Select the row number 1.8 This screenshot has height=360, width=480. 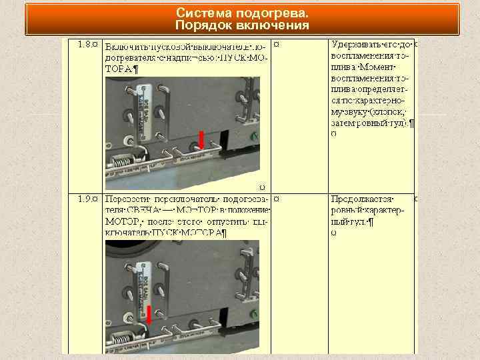[x=85, y=44]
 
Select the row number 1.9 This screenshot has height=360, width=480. [x=85, y=199]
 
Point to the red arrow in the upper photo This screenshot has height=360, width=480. [x=201, y=139]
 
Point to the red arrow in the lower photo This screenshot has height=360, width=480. [x=149, y=315]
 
